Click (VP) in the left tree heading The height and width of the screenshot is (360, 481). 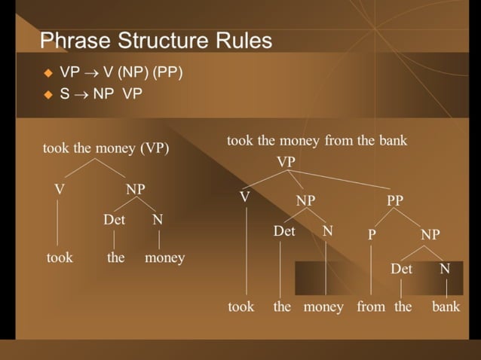[155, 148]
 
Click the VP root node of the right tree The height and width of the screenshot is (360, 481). [286, 162]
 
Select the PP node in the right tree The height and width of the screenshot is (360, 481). [395, 200]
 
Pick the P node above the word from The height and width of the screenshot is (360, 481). [372, 235]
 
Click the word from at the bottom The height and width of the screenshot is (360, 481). [371, 307]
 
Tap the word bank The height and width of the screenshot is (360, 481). [446, 307]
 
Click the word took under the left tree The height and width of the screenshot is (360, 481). [60, 258]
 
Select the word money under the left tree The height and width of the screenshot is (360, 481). [164, 258]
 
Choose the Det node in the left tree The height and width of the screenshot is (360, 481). [114, 220]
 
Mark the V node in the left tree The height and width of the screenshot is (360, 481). [59, 190]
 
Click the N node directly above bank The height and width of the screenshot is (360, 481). [445, 269]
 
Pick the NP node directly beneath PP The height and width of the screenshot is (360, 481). [430, 235]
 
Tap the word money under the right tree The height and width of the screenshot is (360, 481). [323, 307]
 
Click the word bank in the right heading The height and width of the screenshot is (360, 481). [392, 141]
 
